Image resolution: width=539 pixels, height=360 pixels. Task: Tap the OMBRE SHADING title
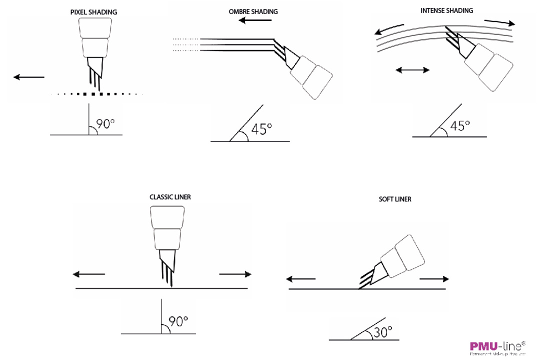coord(253,11)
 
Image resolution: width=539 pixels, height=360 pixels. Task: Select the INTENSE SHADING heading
coord(446,10)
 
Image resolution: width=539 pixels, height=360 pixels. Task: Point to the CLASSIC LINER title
coord(170,197)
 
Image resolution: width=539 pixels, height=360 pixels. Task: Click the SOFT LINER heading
coord(395,199)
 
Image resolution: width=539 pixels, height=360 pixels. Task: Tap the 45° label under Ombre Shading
coord(261,129)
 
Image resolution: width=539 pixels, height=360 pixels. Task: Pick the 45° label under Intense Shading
coord(460,125)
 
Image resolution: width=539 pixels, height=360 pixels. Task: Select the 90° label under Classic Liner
coord(178,321)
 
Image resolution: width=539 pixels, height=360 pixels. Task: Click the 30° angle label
coord(382,331)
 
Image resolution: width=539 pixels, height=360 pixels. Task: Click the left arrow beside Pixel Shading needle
coord(29,77)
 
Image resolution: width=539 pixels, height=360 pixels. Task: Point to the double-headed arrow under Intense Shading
coord(412,70)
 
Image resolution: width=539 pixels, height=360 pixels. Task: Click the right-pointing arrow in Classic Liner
coord(235,274)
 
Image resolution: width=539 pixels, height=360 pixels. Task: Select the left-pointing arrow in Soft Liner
coord(300,279)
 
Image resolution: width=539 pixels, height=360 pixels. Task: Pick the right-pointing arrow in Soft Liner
coord(434,279)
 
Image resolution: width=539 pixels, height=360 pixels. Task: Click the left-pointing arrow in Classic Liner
coord(89,274)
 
